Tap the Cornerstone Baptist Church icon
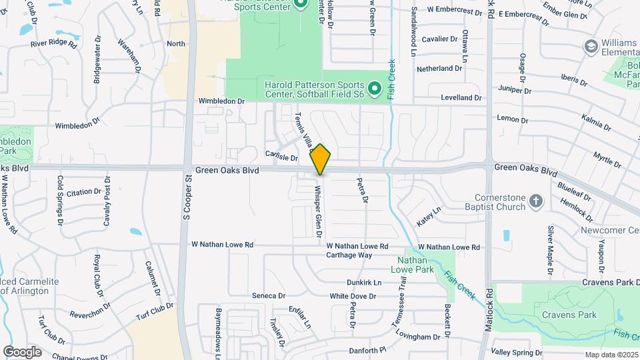536,201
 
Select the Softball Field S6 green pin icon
375,88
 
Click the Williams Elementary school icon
590,46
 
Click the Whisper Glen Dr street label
318,207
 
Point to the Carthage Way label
349,255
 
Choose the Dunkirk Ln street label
363,283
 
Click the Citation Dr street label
83,192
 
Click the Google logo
22,351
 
